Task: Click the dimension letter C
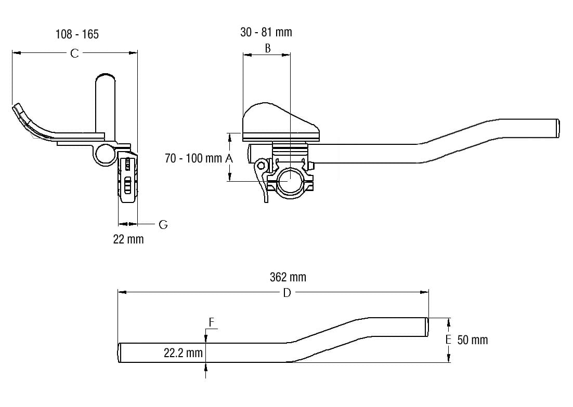74,53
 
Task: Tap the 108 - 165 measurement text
77,34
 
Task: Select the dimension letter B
267,48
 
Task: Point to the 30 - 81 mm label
266,32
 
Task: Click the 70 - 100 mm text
193,158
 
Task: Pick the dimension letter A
229,158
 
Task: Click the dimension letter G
163,225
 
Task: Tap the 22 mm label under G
128,239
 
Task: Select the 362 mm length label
288,277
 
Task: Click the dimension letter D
287,292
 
